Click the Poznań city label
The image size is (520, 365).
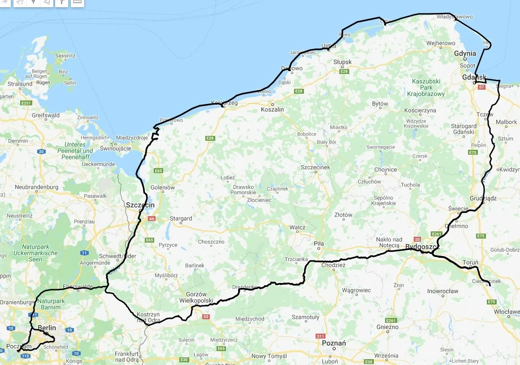[x=334, y=343]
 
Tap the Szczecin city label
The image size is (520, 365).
[x=140, y=205]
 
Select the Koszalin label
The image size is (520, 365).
[x=273, y=109]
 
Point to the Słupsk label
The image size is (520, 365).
[x=342, y=62]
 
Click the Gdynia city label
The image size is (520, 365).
[x=465, y=53]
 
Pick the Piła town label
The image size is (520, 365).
[x=319, y=243]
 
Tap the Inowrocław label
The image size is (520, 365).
[x=443, y=291]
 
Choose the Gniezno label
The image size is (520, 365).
[x=387, y=327]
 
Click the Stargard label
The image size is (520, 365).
[x=181, y=218]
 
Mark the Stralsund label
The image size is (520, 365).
[x=20, y=84]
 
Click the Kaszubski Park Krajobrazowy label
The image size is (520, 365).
[x=426, y=88]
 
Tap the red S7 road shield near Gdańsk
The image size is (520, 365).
[x=482, y=87]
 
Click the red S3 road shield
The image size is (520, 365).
[x=206, y=317]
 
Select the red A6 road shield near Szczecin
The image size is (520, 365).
[x=152, y=218]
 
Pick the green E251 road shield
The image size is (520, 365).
[x=26, y=103]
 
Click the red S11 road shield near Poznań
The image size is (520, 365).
[x=320, y=336]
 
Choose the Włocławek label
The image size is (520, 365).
[x=507, y=311]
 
